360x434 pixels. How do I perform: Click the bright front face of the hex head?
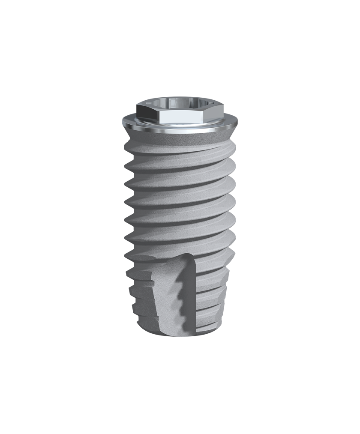click(180, 117)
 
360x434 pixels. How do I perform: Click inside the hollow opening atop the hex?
click(180, 103)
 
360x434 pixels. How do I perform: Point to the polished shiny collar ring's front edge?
click(180, 129)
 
